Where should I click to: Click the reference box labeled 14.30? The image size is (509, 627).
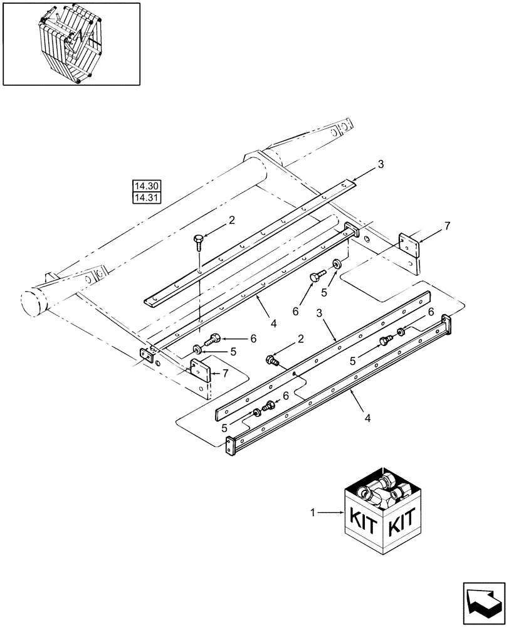click(x=147, y=186)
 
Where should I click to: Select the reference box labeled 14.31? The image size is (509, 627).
click(x=147, y=198)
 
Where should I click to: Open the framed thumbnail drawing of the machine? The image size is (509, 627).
click(x=71, y=43)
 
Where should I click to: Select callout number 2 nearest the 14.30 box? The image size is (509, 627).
click(x=232, y=221)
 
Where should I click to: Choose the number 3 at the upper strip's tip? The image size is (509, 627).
click(x=380, y=164)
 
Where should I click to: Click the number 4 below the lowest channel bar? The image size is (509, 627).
click(x=368, y=416)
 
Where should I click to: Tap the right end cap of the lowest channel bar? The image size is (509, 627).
click(x=446, y=323)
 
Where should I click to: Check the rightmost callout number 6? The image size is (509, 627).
click(x=431, y=312)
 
